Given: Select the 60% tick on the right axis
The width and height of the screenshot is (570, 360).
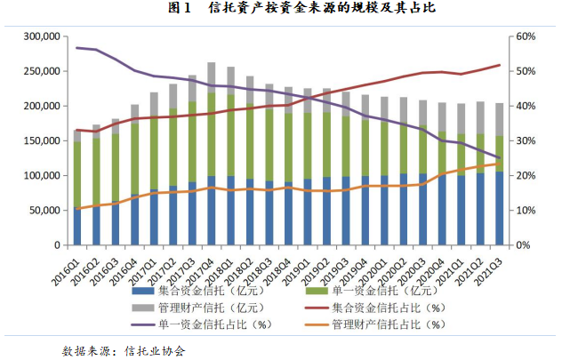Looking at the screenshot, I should (523, 36).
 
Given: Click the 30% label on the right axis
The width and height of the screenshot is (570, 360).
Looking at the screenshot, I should (523, 140).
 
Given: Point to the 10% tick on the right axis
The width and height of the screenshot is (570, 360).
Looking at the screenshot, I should (523, 210).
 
